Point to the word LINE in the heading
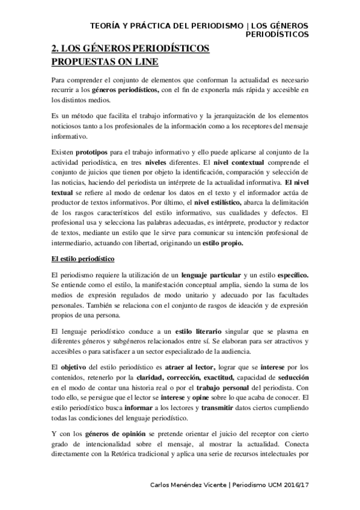145,61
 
